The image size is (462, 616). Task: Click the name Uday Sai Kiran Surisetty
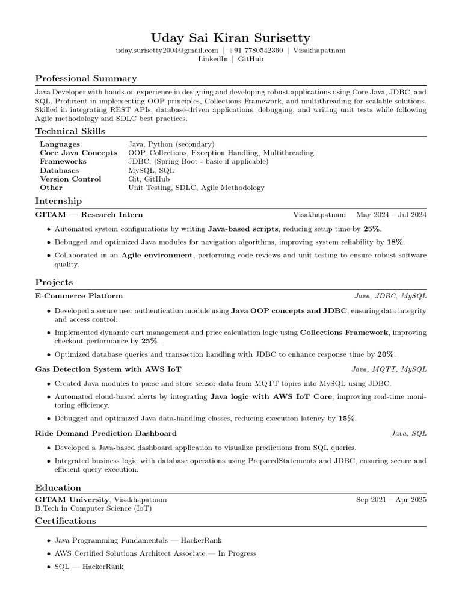coord(231,38)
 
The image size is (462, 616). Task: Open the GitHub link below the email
coord(250,59)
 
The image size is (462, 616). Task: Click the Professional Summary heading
coord(86,78)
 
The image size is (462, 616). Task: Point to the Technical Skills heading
coord(70,131)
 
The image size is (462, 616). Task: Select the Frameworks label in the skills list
coord(63,162)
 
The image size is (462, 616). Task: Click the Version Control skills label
coord(70,179)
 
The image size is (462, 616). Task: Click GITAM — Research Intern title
coord(89,215)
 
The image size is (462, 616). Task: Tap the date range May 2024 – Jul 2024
coord(391,215)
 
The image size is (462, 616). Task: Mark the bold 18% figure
coord(395,242)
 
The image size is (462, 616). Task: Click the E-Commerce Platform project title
coord(79,296)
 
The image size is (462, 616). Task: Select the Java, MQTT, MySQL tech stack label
coord(389,369)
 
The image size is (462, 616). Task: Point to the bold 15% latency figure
coord(346,418)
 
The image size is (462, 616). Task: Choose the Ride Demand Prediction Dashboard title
coord(106,433)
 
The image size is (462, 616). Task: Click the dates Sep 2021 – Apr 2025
coord(391,499)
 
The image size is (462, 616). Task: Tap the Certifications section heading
coord(66,521)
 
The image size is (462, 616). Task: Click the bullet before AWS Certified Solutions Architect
coord(48,554)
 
